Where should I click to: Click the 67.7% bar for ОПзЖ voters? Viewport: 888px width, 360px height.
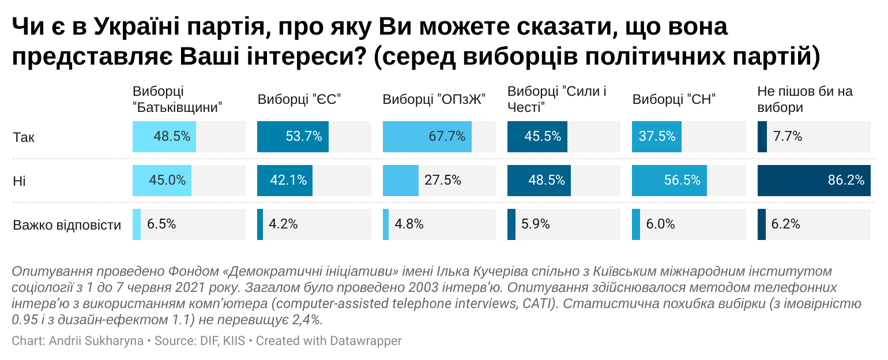427,137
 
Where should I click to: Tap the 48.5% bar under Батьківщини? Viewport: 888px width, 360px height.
164,137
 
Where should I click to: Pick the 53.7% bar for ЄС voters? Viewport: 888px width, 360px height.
292,137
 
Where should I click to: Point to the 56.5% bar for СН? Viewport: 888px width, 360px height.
669,181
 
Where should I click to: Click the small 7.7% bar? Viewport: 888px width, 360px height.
762,137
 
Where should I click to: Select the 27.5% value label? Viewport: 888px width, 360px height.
443,181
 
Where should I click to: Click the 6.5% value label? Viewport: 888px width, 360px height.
161,224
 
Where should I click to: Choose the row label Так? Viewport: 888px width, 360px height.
23,137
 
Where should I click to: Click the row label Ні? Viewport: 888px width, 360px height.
19,181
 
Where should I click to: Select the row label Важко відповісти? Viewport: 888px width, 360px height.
67,225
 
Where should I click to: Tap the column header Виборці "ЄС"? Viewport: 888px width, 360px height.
299,99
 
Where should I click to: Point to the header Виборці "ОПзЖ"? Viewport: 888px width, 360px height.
434,99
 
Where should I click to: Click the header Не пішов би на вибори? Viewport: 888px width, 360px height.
804,99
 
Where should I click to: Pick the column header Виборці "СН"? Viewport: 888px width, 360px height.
673,99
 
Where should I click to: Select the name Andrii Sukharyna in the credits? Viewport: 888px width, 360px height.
96,341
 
